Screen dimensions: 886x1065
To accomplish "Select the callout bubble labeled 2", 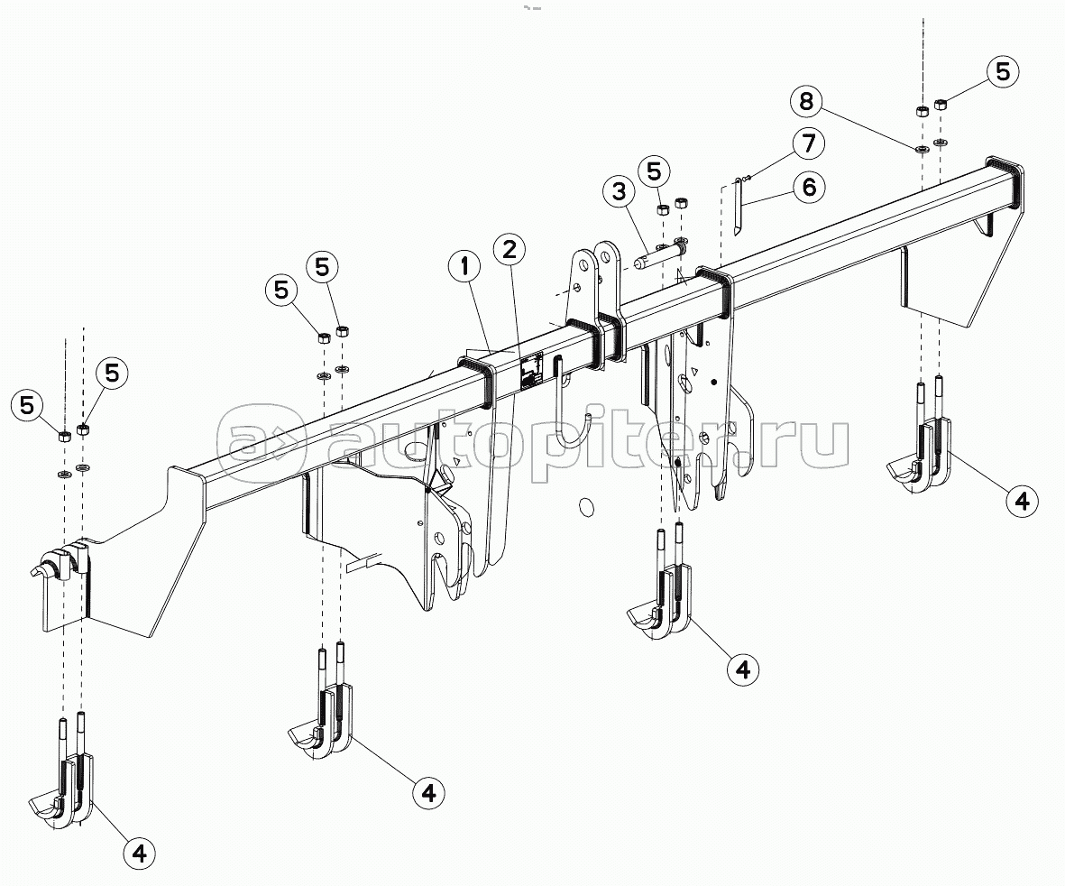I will pos(510,249).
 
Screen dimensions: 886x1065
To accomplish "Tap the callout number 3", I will pos(618,192).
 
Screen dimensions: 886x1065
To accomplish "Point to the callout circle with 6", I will pos(808,188).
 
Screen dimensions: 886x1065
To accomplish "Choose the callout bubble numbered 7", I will pos(808,143).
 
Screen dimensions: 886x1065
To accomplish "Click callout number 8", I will pos(807,101).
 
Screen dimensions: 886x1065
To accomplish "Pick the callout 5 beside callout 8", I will pos(1003,71).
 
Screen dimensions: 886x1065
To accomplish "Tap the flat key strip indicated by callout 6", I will pos(738,206).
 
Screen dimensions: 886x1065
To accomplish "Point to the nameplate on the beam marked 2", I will pos(529,369).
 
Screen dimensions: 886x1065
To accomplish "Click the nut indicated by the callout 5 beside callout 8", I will pos(941,105).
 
